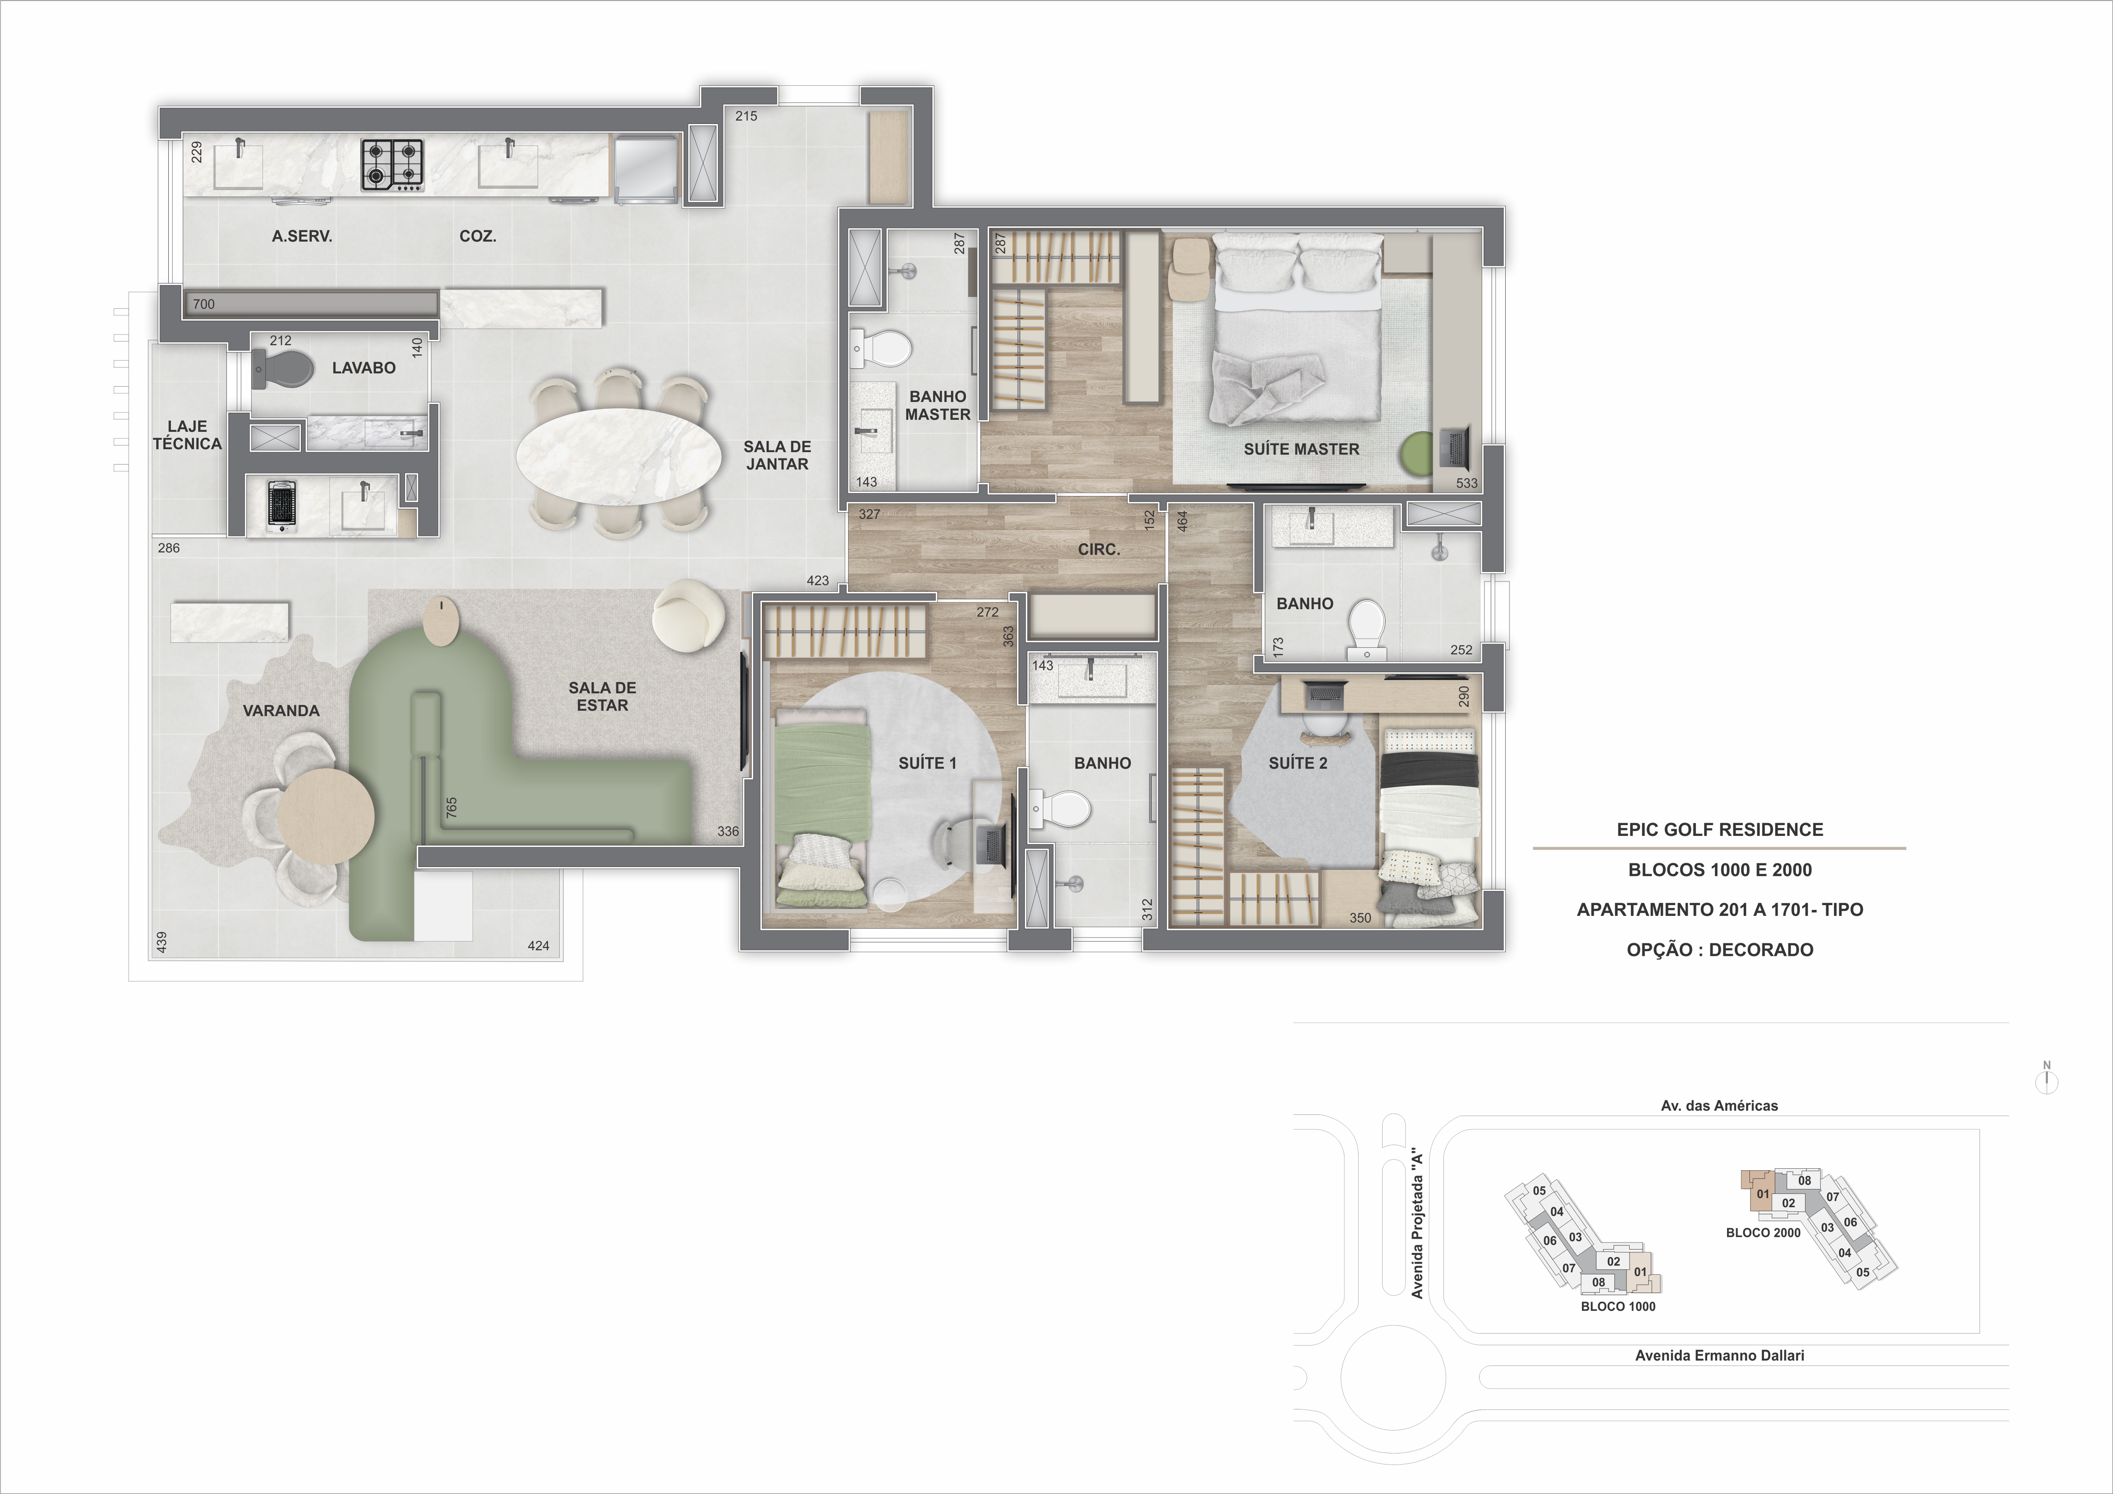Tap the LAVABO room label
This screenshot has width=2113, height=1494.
(x=363, y=368)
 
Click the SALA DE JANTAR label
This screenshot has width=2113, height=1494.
(x=777, y=456)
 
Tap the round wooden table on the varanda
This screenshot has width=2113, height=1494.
(x=326, y=815)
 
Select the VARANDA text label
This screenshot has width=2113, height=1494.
(x=281, y=711)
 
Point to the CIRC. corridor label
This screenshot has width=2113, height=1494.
(x=1099, y=549)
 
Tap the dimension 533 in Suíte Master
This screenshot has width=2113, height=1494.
(x=1466, y=483)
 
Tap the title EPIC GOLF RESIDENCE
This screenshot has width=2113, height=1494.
(x=1719, y=830)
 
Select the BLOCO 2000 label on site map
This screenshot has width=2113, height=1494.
(x=1762, y=1233)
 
